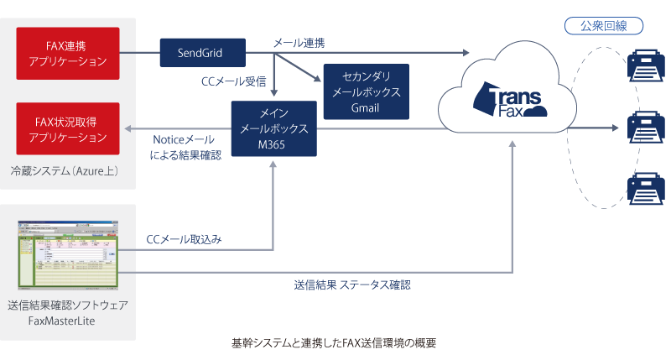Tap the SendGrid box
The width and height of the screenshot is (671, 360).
201,52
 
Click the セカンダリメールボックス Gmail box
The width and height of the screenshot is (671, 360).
366,91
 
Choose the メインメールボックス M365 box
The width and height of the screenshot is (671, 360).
273,128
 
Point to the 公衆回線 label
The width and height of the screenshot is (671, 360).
605,26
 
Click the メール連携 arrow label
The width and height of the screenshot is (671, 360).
299,42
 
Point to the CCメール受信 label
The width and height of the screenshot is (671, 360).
233,81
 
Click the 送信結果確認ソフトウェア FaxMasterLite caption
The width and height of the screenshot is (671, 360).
68,311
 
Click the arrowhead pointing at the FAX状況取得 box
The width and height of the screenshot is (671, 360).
127,129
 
